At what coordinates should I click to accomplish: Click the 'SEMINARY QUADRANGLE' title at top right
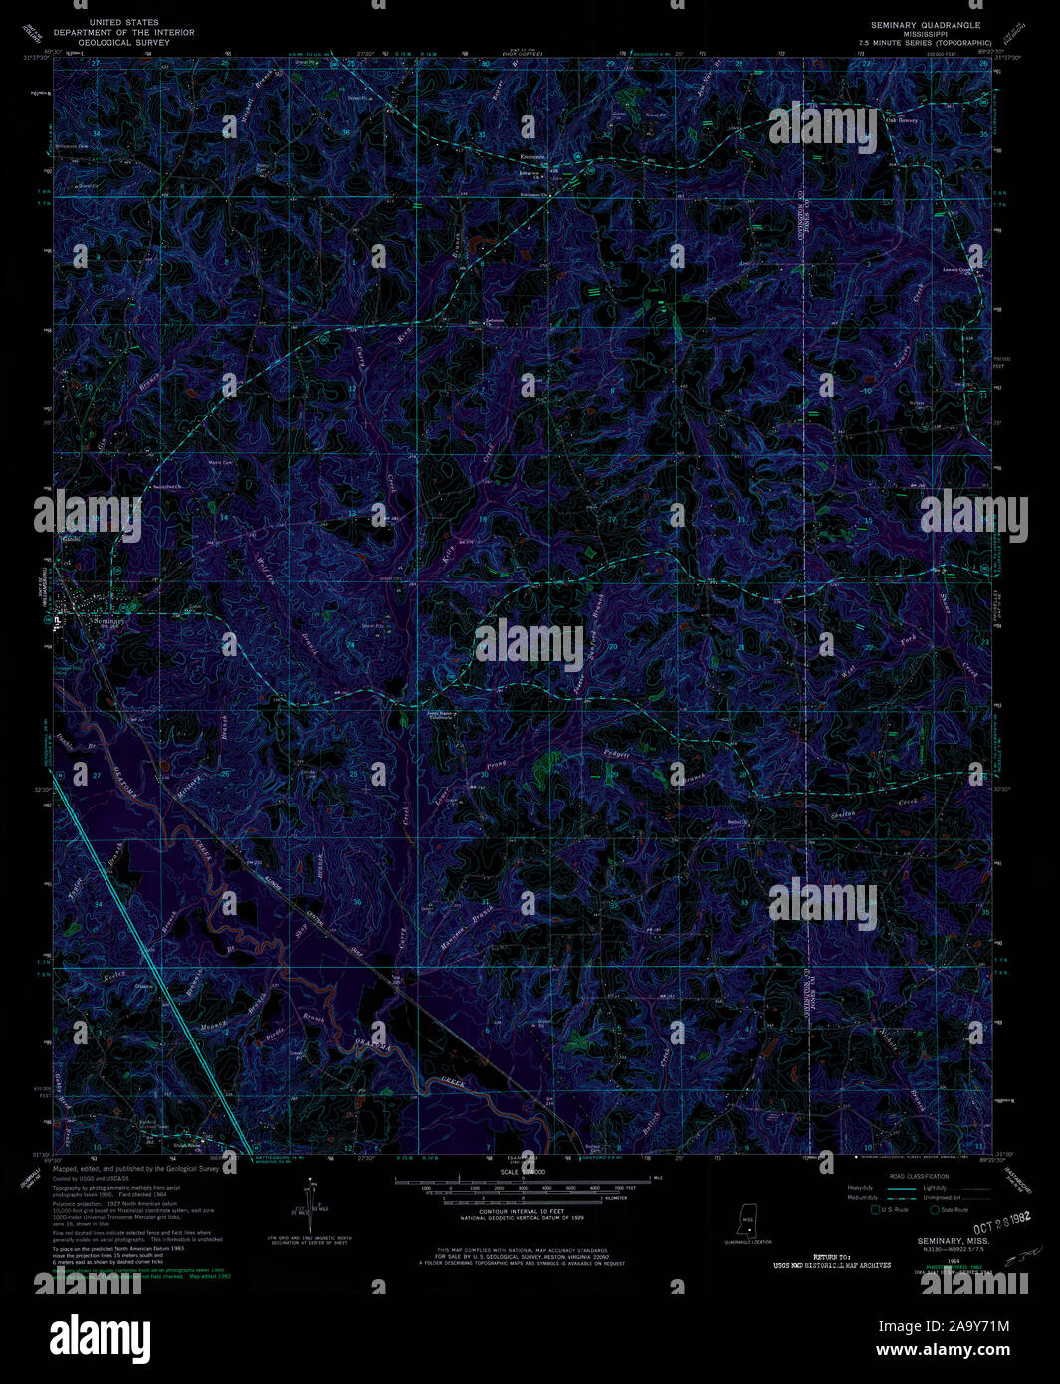click(x=925, y=24)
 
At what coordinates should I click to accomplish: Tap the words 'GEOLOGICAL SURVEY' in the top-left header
click(x=123, y=43)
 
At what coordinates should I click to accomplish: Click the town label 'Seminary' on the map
click(x=107, y=620)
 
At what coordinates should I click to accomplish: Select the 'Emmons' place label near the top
click(x=533, y=156)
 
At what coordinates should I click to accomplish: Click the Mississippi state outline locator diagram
click(x=745, y=1220)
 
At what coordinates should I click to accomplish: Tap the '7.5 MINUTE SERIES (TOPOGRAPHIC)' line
click(x=928, y=43)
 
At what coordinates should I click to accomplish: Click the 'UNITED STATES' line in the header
click(x=123, y=22)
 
